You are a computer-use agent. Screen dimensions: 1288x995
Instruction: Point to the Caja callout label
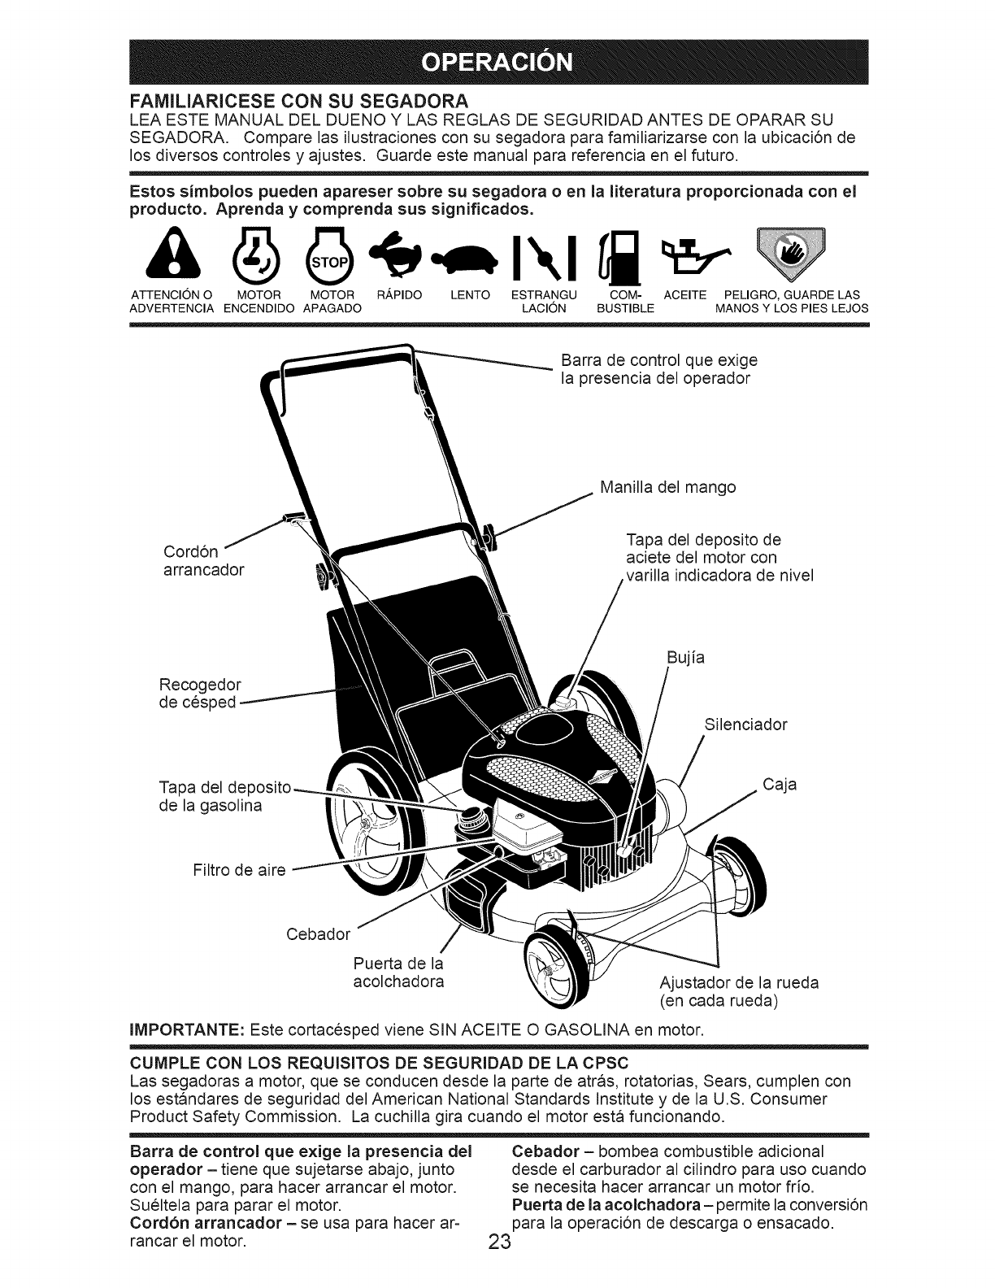tap(780, 785)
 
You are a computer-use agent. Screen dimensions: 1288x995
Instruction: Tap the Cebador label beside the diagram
tap(319, 933)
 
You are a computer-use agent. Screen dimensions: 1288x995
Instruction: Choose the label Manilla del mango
tap(667, 488)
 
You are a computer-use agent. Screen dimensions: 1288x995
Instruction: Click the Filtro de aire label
tap(239, 871)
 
